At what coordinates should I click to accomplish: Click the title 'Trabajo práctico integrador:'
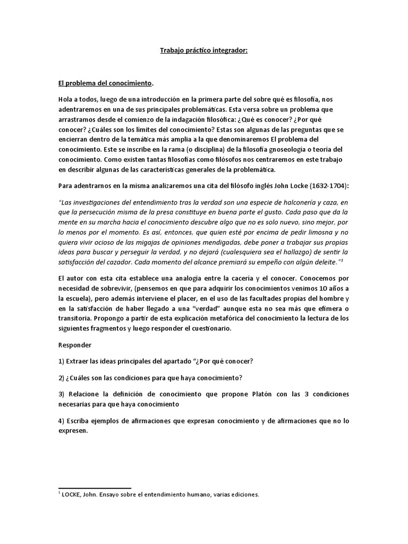pyautogui.click(x=204, y=51)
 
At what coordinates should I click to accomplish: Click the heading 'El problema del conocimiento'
pyautogui.click(x=105, y=83)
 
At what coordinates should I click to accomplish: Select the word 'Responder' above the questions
pyautogui.click(x=74, y=344)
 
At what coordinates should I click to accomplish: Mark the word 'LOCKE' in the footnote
pyautogui.click(x=74, y=495)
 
